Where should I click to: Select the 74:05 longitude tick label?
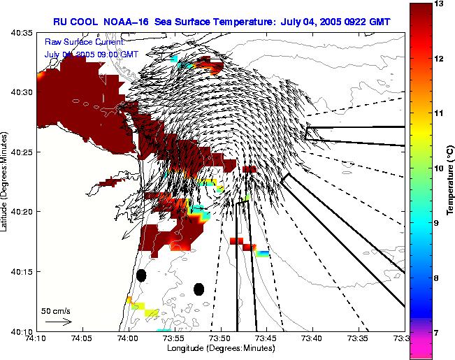pos(82,338)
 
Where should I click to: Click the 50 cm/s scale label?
pos(56,310)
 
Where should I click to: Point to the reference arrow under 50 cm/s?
pos(58,322)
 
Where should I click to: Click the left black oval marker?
pos(141,275)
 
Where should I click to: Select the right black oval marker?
pos(198,289)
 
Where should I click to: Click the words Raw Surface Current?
pos(84,41)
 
